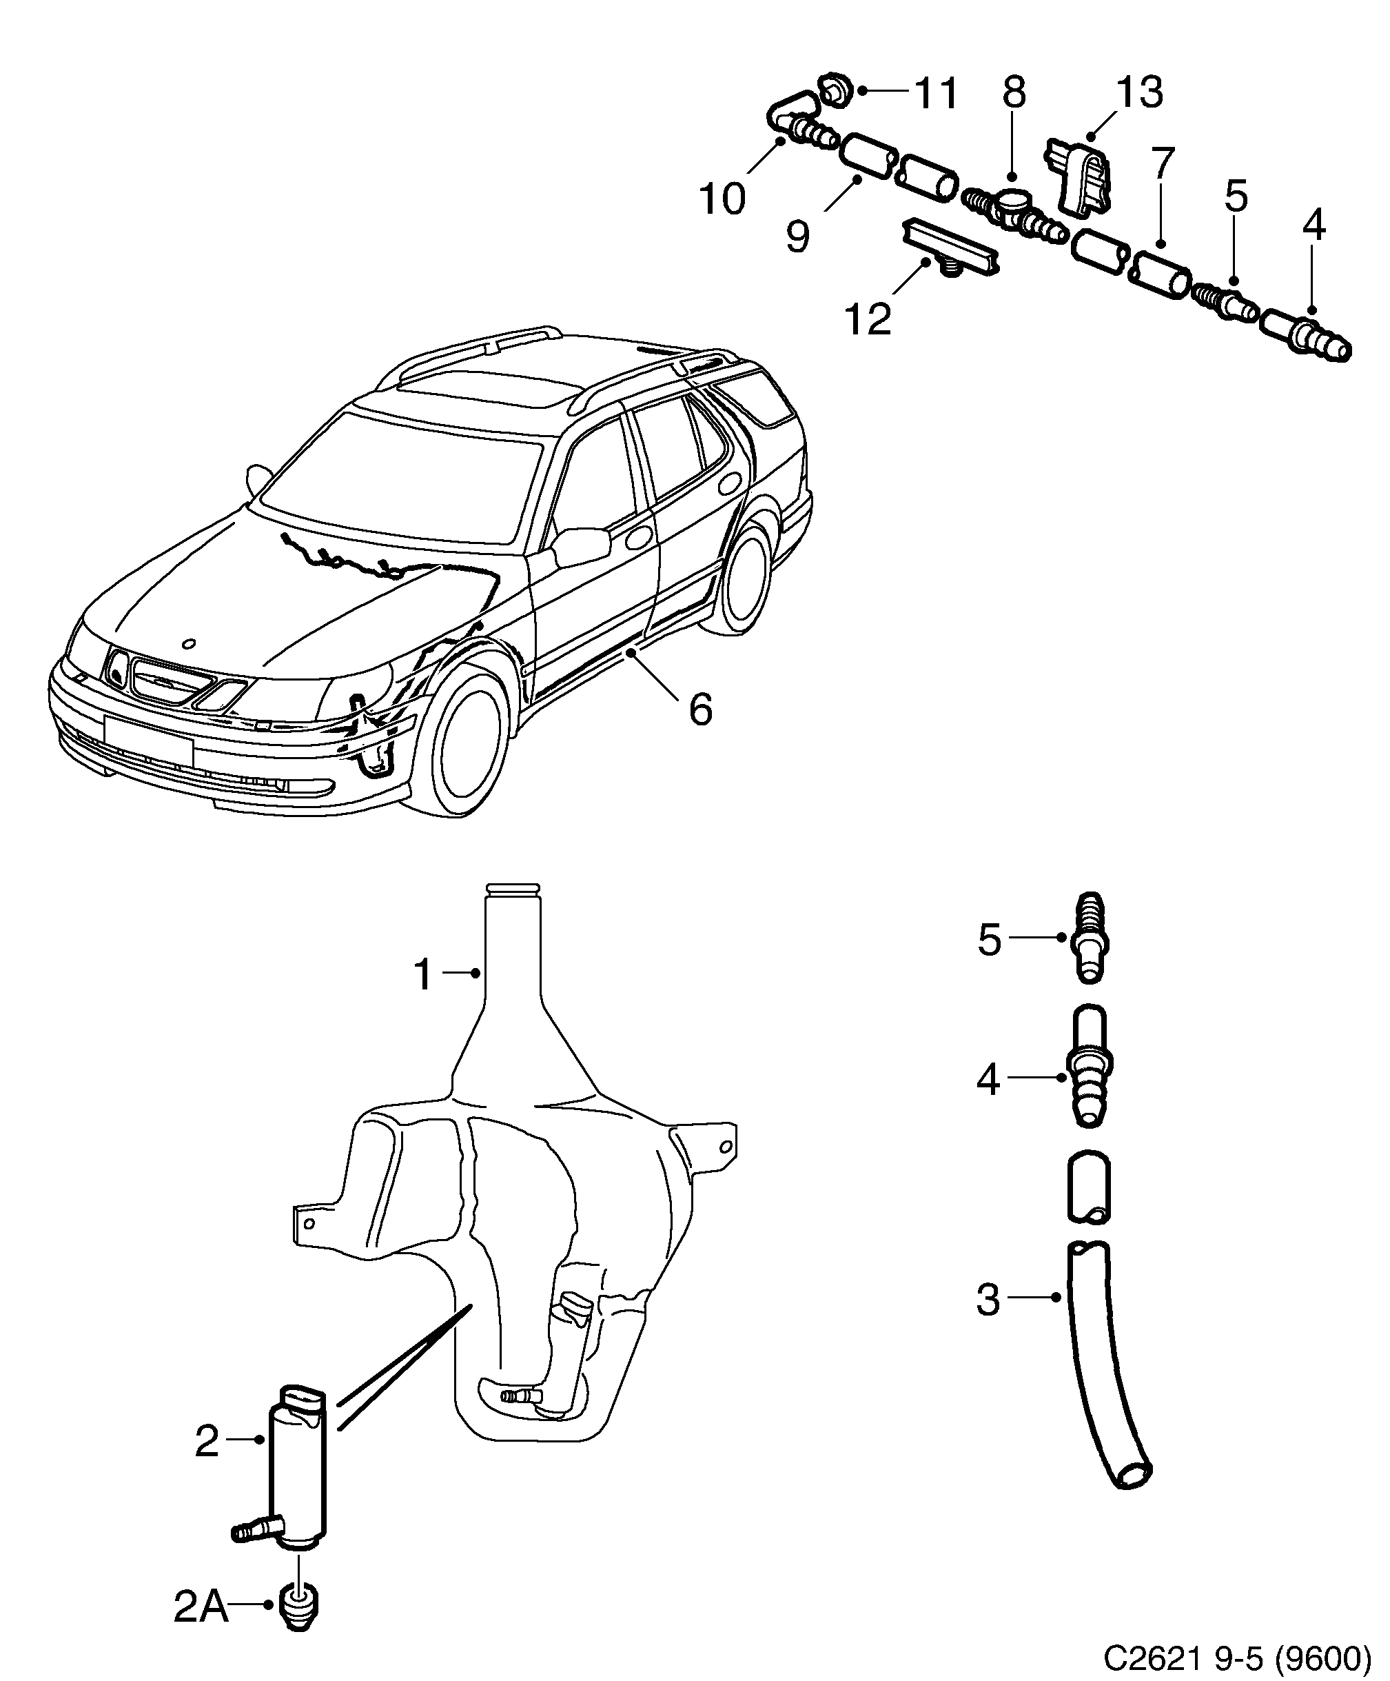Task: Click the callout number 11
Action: point(935,94)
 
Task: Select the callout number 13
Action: point(1138,92)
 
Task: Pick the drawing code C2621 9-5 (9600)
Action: point(1236,1657)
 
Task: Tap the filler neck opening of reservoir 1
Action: point(513,889)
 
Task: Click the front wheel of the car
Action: point(467,736)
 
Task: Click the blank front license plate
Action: point(148,741)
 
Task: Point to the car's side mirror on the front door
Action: point(580,546)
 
